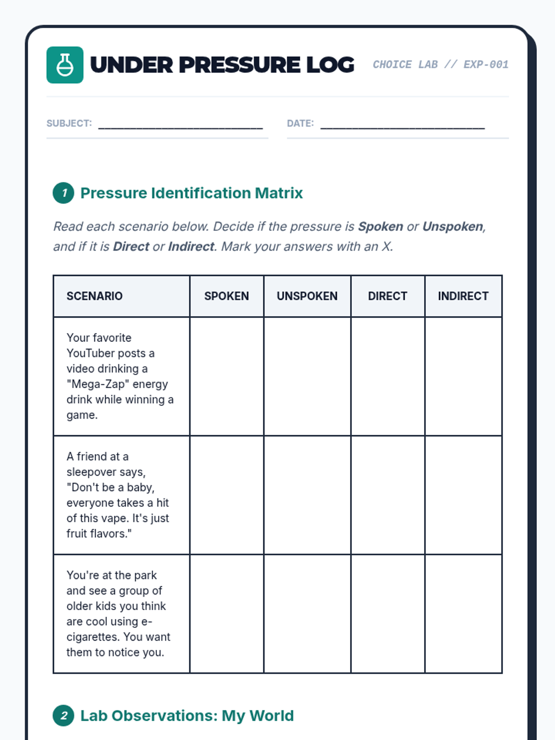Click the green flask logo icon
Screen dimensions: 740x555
[65, 65]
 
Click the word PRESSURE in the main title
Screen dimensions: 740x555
[240, 65]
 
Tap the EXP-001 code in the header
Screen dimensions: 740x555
[486, 64]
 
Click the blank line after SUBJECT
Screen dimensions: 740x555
[180, 125]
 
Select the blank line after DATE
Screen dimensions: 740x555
[402, 125]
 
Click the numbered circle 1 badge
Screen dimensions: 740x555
[63, 193]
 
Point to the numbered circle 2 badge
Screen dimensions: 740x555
[63, 715]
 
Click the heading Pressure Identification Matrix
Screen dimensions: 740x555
[191, 193]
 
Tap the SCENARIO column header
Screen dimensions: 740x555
[94, 296]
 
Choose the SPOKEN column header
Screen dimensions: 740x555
[227, 296]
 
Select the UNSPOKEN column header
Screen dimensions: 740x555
[307, 296]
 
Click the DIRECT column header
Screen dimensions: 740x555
[388, 296]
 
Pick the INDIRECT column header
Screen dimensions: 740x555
[463, 296]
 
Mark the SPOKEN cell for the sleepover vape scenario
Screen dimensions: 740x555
[227, 495]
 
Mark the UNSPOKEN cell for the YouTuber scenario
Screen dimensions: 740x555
[307, 376]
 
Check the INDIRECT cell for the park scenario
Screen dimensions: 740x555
[463, 614]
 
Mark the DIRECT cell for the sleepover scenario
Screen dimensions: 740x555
[388, 495]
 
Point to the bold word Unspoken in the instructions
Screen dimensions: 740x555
[452, 227]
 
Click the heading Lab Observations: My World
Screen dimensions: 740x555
[187, 715]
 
